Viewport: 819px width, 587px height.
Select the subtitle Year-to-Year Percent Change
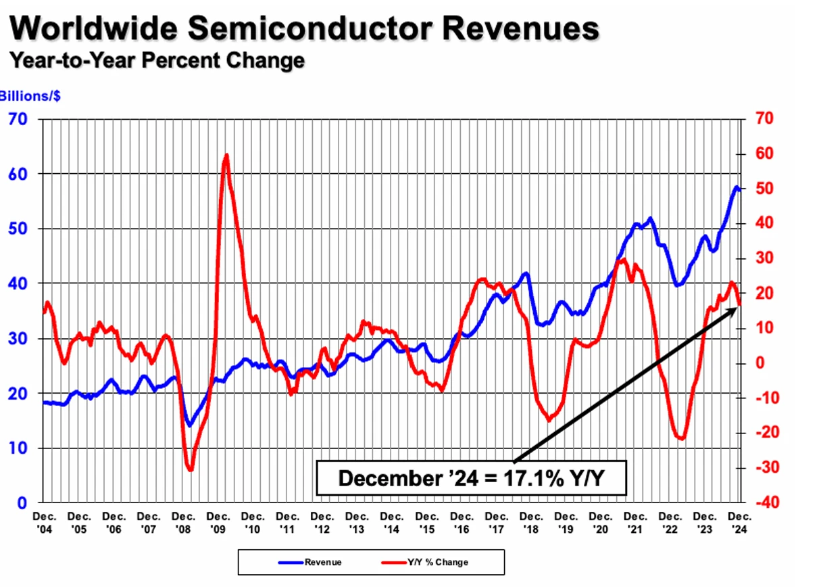click(x=157, y=60)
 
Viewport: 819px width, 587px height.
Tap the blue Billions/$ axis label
click(x=30, y=96)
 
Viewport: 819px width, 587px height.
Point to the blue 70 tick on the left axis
click(x=18, y=119)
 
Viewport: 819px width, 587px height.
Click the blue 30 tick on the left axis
click(x=18, y=339)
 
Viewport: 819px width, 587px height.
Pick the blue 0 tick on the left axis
click(x=22, y=503)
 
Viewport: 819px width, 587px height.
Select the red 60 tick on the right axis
click(x=764, y=154)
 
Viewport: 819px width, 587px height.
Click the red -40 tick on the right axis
click(x=768, y=502)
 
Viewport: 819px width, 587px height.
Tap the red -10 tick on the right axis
click(x=768, y=398)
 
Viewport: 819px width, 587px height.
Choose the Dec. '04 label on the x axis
click(x=44, y=523)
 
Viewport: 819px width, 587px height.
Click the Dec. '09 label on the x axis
click(x=218, y=523)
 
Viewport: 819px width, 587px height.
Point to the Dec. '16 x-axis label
click(x=462, y=523)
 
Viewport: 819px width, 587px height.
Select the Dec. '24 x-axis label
click(x=740, y=523)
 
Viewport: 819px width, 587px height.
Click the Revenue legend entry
click(x=309, y=562)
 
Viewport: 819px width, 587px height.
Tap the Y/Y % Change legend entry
click(x=424, y=562)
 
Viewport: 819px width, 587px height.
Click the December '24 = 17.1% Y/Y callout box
click(x=471, y=478)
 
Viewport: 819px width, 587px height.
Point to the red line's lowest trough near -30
click(x=191, y=469)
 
